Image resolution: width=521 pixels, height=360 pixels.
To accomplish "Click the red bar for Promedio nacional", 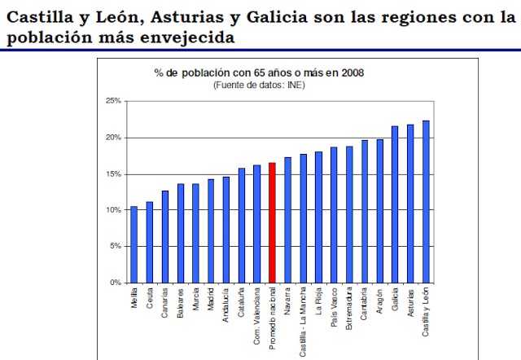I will pos(272,222).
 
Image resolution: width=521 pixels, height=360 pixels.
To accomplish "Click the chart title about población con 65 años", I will pos(259,72).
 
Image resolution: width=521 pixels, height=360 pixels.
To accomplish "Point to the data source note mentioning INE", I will pos(259,85).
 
